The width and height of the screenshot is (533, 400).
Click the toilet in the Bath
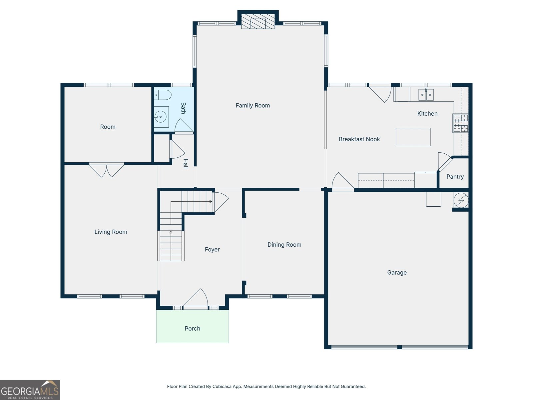pos(163,95)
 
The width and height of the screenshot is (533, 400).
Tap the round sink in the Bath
pos(161,117)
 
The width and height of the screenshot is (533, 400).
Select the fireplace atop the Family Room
pos(258,21)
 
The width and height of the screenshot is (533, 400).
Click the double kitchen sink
pos(426,95)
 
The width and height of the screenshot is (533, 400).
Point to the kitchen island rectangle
pos(413,137)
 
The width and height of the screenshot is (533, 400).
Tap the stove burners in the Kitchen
pos(460,123)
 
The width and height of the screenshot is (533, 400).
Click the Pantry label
pos(455,177)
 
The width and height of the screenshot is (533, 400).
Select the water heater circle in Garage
pos(461,200)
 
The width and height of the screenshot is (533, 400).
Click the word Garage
pos(397,272)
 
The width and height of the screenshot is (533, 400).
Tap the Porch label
pos(192,328)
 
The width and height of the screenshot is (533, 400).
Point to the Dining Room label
pos(284,245)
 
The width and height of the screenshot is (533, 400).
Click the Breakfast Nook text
pos(359,139)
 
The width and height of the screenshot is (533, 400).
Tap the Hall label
pos(186,164)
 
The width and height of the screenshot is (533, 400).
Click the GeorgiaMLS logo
pos(30,390)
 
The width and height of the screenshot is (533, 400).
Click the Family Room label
pos(253,106)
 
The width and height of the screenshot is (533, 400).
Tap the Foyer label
pos(212,249)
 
